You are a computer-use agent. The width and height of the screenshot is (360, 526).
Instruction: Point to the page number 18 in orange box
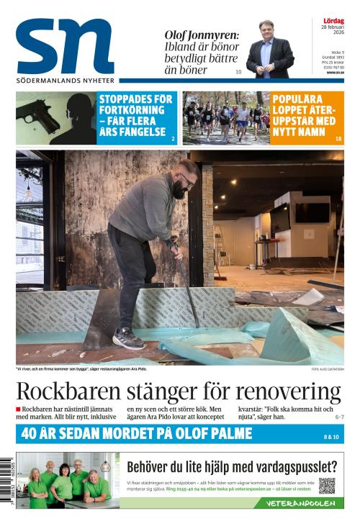[x=338, y=137]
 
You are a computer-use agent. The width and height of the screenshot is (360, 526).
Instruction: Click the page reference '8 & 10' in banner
[x=331, y=437]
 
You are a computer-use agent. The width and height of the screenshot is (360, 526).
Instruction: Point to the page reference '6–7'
[x=339, y=417]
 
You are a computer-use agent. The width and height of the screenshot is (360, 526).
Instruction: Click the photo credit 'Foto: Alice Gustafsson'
[x=328, y=369]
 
